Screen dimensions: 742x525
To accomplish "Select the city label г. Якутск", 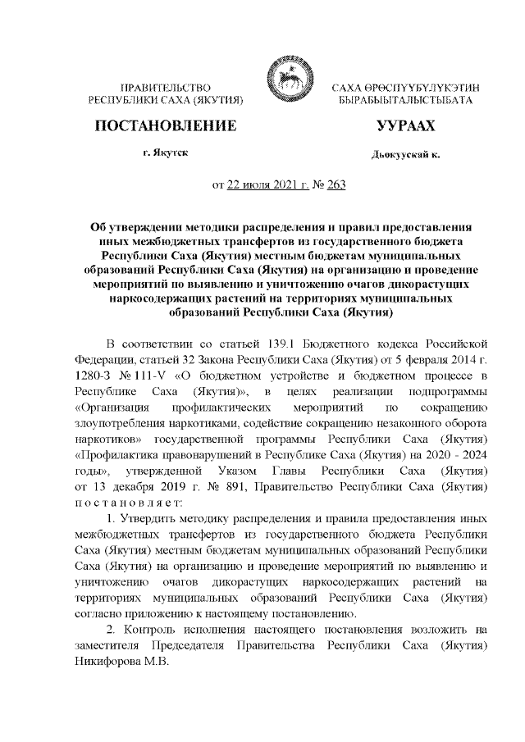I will point(165,152).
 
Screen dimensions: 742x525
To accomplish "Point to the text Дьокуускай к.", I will point(405,154).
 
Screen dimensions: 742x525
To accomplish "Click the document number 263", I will point(336,184).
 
